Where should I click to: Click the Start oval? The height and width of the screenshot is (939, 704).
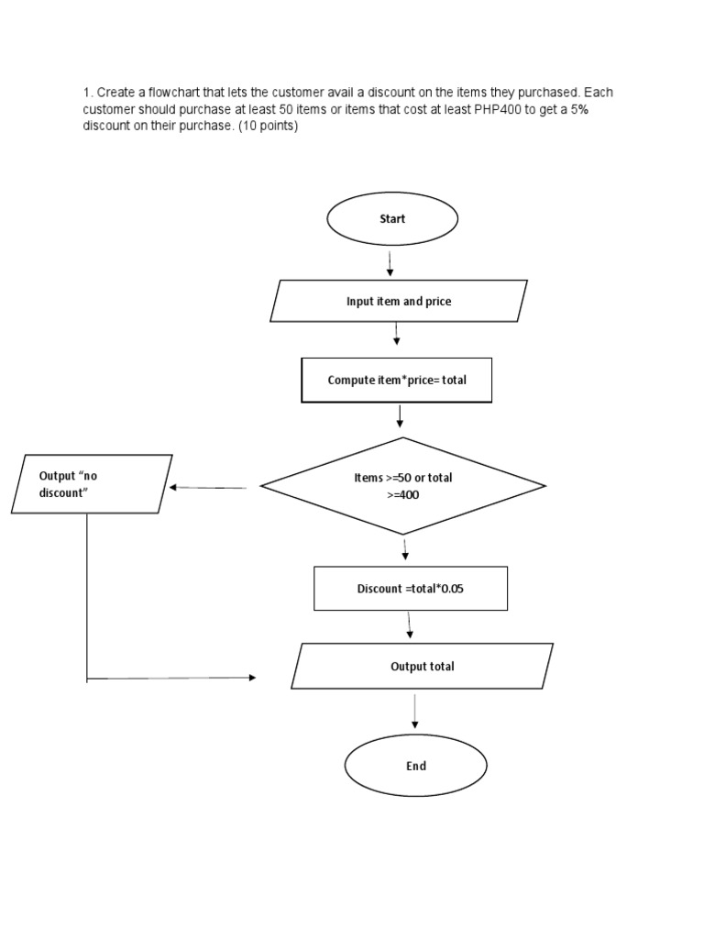point(392,219)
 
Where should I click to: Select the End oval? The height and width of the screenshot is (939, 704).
point(415,766)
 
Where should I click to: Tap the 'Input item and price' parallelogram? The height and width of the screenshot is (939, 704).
point(399,301)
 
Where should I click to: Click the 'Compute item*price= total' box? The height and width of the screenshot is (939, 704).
point(397,380)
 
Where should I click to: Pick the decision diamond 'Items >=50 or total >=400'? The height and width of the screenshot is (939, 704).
point(403,486)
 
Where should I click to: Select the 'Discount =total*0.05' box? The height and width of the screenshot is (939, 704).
point(410,589)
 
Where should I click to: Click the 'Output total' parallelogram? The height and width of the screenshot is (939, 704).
point(422,666)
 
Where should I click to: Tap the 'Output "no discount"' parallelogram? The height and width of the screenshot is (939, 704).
point(92,483)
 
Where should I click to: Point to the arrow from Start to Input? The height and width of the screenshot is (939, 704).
point(390,263)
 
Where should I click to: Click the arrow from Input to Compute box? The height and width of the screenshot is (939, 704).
point(396,333)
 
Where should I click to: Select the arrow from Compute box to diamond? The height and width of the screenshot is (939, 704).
point(401,416)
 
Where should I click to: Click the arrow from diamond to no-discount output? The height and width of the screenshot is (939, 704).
point(208,488)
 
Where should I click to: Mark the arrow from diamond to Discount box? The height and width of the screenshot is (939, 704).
point(405,549)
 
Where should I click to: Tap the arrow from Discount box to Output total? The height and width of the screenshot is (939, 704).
point(409,625)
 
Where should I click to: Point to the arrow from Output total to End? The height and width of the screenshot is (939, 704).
point(415,712)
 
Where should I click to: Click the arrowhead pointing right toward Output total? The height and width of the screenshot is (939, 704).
point(251,678)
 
